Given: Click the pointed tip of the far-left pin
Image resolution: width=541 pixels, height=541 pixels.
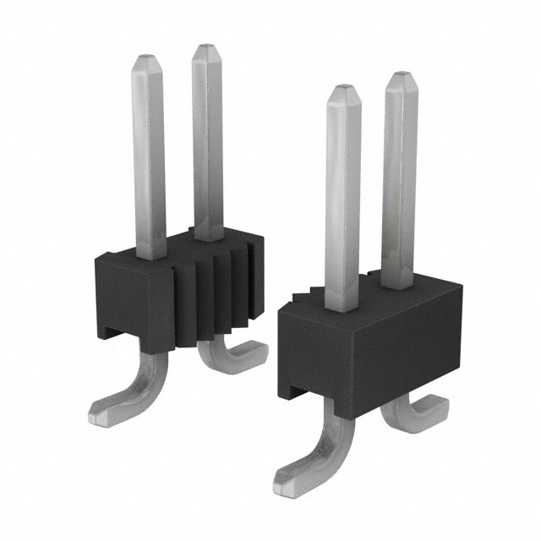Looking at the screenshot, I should [148, 60].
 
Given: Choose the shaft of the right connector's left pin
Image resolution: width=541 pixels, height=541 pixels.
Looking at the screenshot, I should [343, 194].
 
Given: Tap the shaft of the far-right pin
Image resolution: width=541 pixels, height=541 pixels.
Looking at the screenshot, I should [400, 178].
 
